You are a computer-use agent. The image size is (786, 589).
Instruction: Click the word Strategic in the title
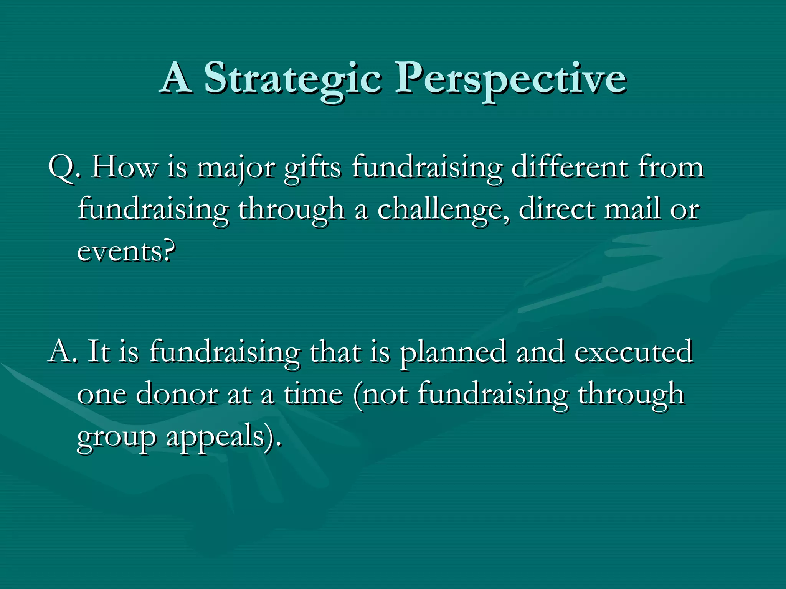(292, 79)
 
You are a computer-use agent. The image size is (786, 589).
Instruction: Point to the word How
(124, 167)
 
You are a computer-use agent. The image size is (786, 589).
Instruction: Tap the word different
(570, 167)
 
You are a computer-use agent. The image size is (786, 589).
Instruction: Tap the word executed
(633, 351)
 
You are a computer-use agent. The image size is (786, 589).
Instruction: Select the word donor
(177, 394)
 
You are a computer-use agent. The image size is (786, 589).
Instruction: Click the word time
(313, 393)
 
